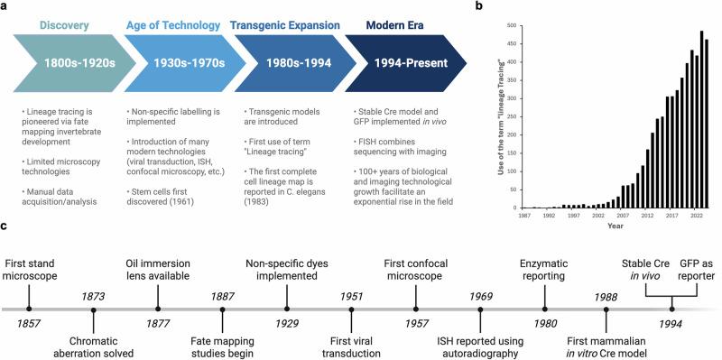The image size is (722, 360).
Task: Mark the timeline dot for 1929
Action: [x=286, y=308]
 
